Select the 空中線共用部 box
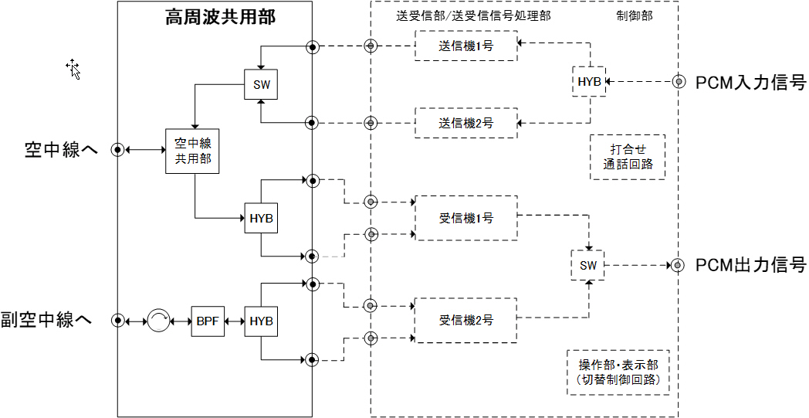coord(192,150)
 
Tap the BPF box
coord(208,321)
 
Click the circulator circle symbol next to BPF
coord(158,321)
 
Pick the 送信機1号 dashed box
coord(465,46)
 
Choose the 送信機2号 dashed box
coord(465,123)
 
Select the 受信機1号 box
coord(465,219)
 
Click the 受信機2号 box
coord(465,320)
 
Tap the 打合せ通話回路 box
coord(627,158)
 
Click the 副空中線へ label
coord(47,320)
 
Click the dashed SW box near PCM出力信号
coord(588,266)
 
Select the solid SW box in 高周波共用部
coord(262,85)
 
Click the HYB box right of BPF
coord(262,321)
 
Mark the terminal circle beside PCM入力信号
coord(679,82)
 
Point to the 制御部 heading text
coord(635,16)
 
